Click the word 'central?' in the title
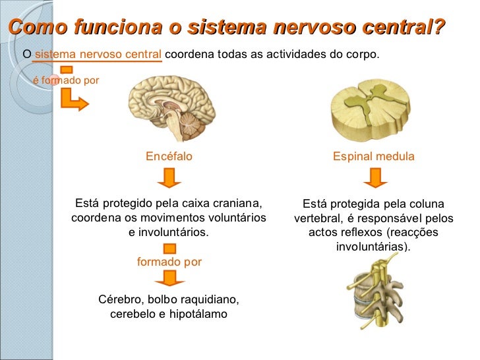coord(402,28)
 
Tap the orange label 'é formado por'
coord(66,80)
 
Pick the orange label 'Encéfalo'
coord(169,156)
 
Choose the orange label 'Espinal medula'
coord(373,156)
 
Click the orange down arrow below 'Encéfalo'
coord(169,177)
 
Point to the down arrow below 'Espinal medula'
coord(375,177)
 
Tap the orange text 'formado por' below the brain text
coord(169,262)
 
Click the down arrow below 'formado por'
coord(169,278)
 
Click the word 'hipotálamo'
coord(198,314)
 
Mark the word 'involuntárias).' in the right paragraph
coord(373,247)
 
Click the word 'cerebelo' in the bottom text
coord(133,314)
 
